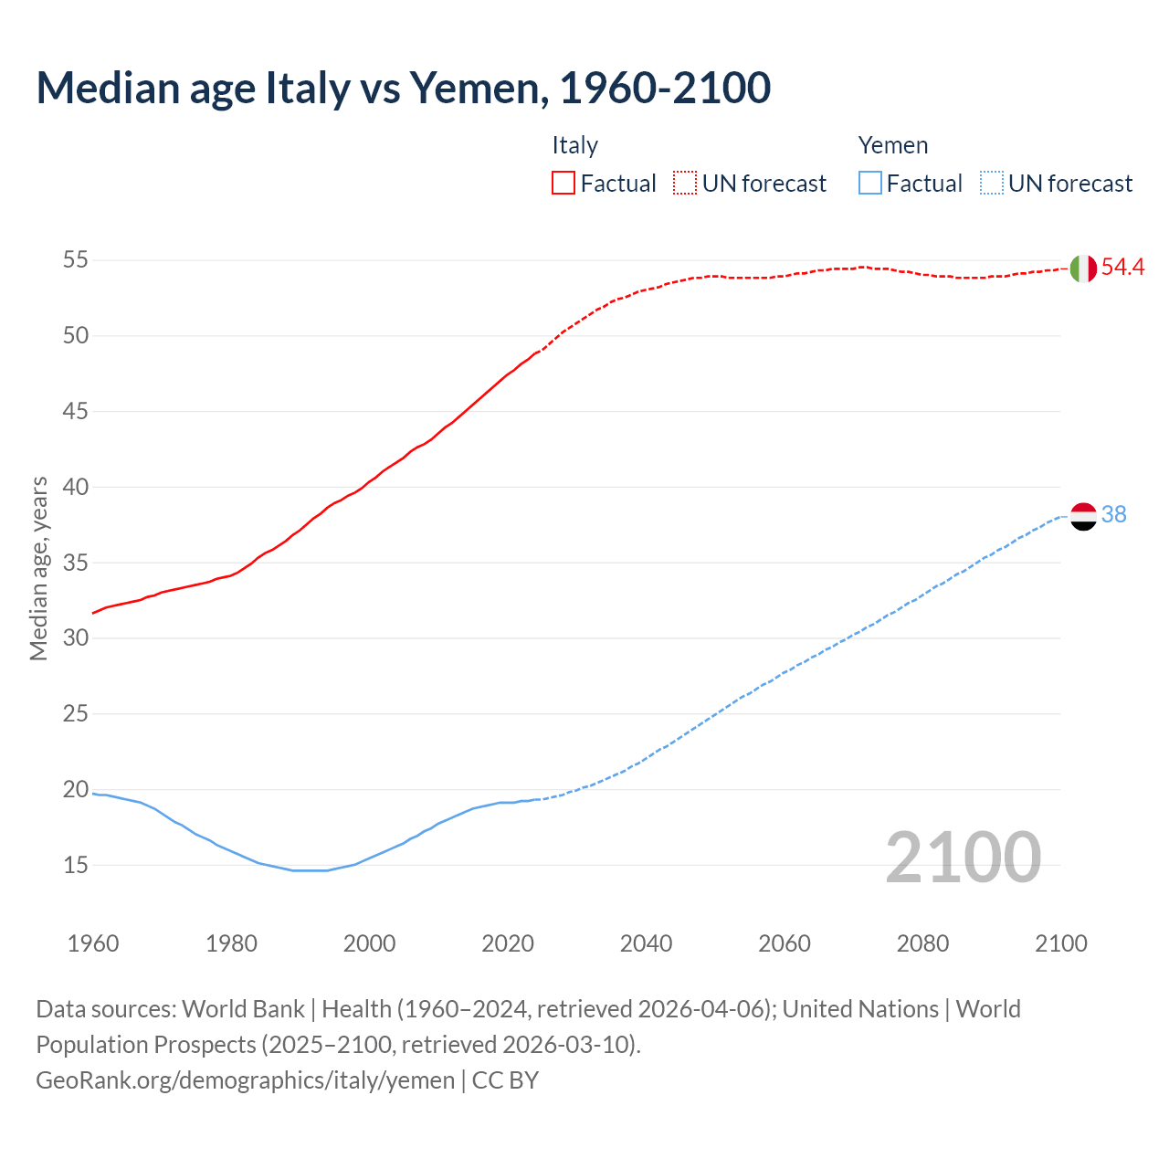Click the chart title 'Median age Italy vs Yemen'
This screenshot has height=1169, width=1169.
click(x=403, y=88)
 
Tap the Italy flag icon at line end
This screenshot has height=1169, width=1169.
click(x=1083, y=269)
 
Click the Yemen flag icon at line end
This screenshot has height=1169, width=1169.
click(x=1083, y=516)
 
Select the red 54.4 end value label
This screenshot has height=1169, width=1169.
click(x=1122, y=267)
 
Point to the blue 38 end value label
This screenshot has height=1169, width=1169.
click(x=1113, y=515)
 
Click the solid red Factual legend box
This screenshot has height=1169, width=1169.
click(x=563, y=184)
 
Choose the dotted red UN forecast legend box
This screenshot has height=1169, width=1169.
click(x=685, y=184)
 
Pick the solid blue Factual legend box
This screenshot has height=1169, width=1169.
click(x=870, y=184)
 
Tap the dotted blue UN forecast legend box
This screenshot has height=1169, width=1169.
click(x=991, y=184)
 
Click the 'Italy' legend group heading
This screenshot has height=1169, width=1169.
click(x=574, y=145)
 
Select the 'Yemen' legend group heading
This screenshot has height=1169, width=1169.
click(x=892, y=145)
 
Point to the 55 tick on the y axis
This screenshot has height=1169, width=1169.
click(x=76, y=260)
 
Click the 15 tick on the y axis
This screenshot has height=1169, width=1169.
click(x=76, y=865)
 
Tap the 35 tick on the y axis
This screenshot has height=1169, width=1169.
click(x=76, y=563)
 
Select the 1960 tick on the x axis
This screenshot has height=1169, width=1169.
click(x=93, y=943)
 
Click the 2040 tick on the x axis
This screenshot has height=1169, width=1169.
click(x=646, y=943)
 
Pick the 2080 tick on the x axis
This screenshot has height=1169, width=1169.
click(x=922, y=943)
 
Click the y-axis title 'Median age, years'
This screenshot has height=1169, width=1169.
click(x=38, y=568)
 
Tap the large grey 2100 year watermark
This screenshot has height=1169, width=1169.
click(x=963, y=858)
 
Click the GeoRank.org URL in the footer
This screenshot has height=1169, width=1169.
click(x=245, y=1080)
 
